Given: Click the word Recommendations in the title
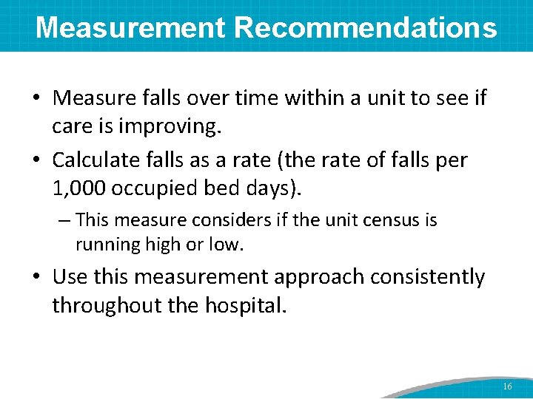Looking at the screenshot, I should click(366, 28).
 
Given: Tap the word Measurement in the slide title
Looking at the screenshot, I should click(130, 28).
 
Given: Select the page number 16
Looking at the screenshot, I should click(507, 386).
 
